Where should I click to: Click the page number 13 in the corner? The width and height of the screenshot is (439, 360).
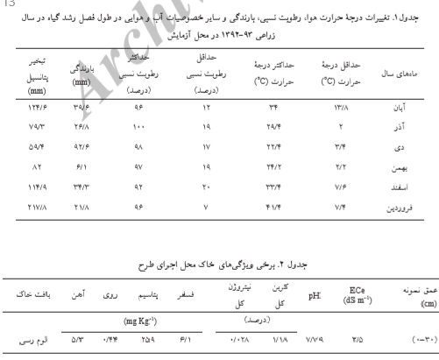[x=6, y=4]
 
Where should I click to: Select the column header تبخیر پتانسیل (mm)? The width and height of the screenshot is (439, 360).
[x=37, y=76]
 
